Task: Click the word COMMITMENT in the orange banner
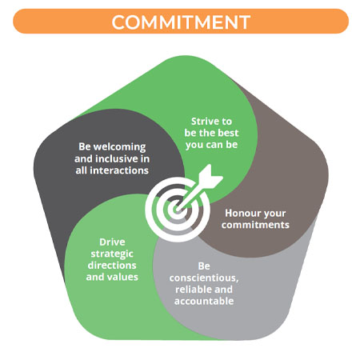[181, 22]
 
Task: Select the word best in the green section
[228, 133]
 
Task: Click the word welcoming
[119, 147]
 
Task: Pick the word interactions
[119, 170]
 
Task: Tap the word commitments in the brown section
[255, 225]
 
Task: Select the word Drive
[112, 242]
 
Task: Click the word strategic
[112, 254]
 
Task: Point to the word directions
[112, 266]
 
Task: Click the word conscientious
[204, 278]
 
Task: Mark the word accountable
[204, 301]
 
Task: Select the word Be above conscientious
[204, 266]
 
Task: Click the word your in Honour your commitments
[274, 214]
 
